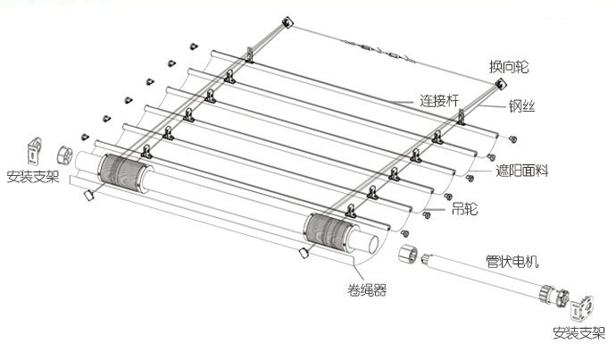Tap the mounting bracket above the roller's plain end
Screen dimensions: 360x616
(x=34, y=148)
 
